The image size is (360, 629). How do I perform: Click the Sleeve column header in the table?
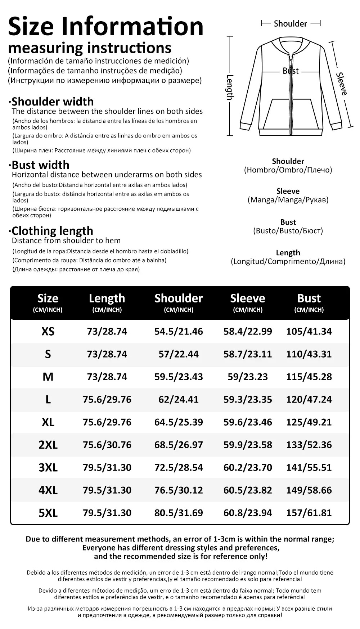tap(248, 298)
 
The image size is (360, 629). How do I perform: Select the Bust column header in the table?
tap(309, 298)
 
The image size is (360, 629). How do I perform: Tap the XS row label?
tap(48, 332)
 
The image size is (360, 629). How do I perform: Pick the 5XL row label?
tap(48, 513)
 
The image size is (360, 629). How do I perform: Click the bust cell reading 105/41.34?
tap(309, 332)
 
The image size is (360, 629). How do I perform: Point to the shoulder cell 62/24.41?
tap(179, 400)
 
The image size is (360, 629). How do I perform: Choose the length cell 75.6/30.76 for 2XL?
tap(107, 445)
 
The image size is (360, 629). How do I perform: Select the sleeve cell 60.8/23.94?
tap(248, 513)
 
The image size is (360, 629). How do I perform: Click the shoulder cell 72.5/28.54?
tap(179, 468)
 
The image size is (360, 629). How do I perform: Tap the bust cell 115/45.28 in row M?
tap(309, 377)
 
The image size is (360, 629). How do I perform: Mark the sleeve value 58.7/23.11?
tap(248, 354)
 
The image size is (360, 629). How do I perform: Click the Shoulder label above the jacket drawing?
tap(290, 24)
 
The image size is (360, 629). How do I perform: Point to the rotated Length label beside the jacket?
tap(230, 87)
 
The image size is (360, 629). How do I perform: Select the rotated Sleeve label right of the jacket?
tap(342, 84)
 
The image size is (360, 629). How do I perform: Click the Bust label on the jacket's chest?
tap(291, 71)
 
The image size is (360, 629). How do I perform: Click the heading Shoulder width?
tap(53, 102)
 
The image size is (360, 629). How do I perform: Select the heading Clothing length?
tap(52, 231)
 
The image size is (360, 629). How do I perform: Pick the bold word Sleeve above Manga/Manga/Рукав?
tap(288, 191)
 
